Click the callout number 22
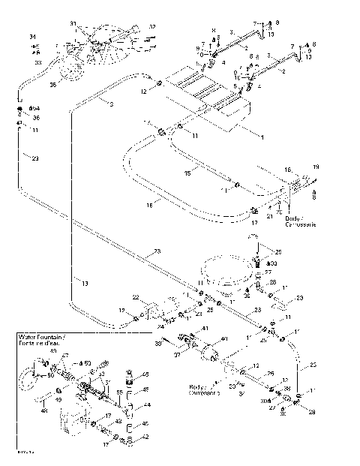coord(136,299)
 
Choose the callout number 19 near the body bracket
coord(315,166)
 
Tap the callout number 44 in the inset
coord(147,404)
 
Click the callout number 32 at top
coord(152,27)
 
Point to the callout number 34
coord(32,37)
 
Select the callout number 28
coord(273,281)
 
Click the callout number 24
coord(160,326)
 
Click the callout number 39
coord(158,343)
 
